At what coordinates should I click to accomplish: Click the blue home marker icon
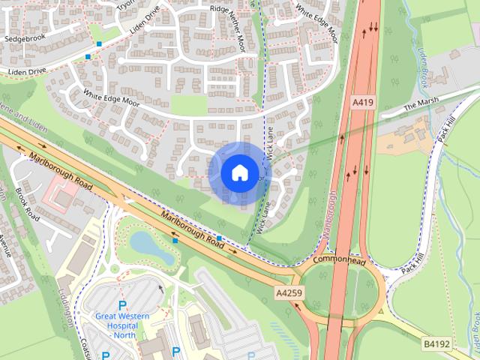tap(238, 172)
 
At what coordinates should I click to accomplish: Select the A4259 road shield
tap(289, 293)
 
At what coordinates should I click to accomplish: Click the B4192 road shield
tap(436, 344)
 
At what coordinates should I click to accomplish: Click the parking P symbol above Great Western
tap(122, 305)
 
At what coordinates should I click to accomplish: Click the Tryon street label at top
tap(124, 5)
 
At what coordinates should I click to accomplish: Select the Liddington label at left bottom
tap(66, 307)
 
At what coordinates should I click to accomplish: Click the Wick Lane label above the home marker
tap(269, 139)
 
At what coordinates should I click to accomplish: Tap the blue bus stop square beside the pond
tap(175, 241)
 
